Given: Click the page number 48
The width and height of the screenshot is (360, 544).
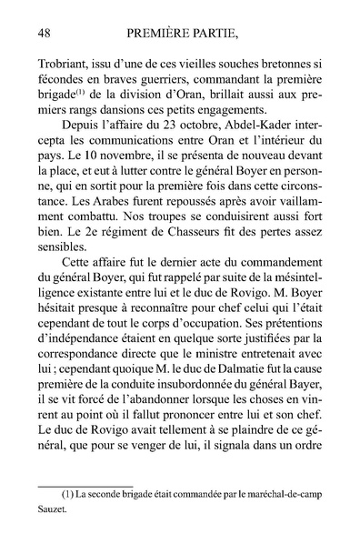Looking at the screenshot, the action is [45, 34].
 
